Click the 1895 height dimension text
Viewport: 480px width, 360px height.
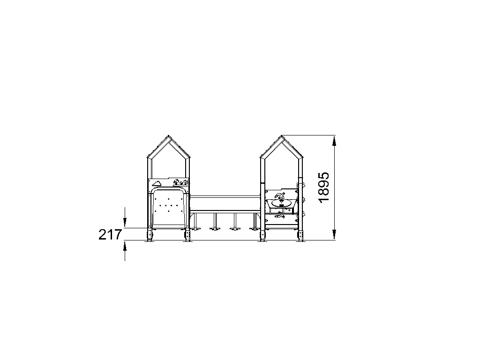coord(324,187)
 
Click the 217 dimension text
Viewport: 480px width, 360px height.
coord(110,235)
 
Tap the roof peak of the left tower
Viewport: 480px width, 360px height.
coord(168,135)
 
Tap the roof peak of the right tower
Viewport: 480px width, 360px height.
coord(282,135)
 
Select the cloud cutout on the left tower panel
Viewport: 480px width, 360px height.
coord(157,183)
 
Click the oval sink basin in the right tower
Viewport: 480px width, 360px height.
coord(281,202)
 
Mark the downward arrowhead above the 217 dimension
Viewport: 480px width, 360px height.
coord(125,222)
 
